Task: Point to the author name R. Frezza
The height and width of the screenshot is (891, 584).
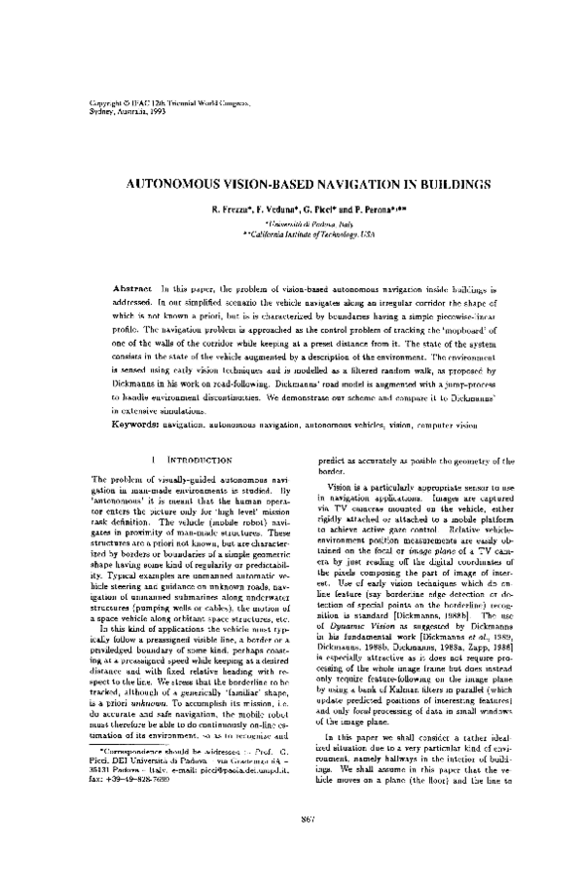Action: pyautogui.click(x=234, y=210)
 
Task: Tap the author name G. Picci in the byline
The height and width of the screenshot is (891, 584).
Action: pyautogui.click(x=321, y=210)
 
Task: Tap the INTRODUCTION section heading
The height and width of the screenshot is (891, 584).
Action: pyautogui.click(x=199, y=459)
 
